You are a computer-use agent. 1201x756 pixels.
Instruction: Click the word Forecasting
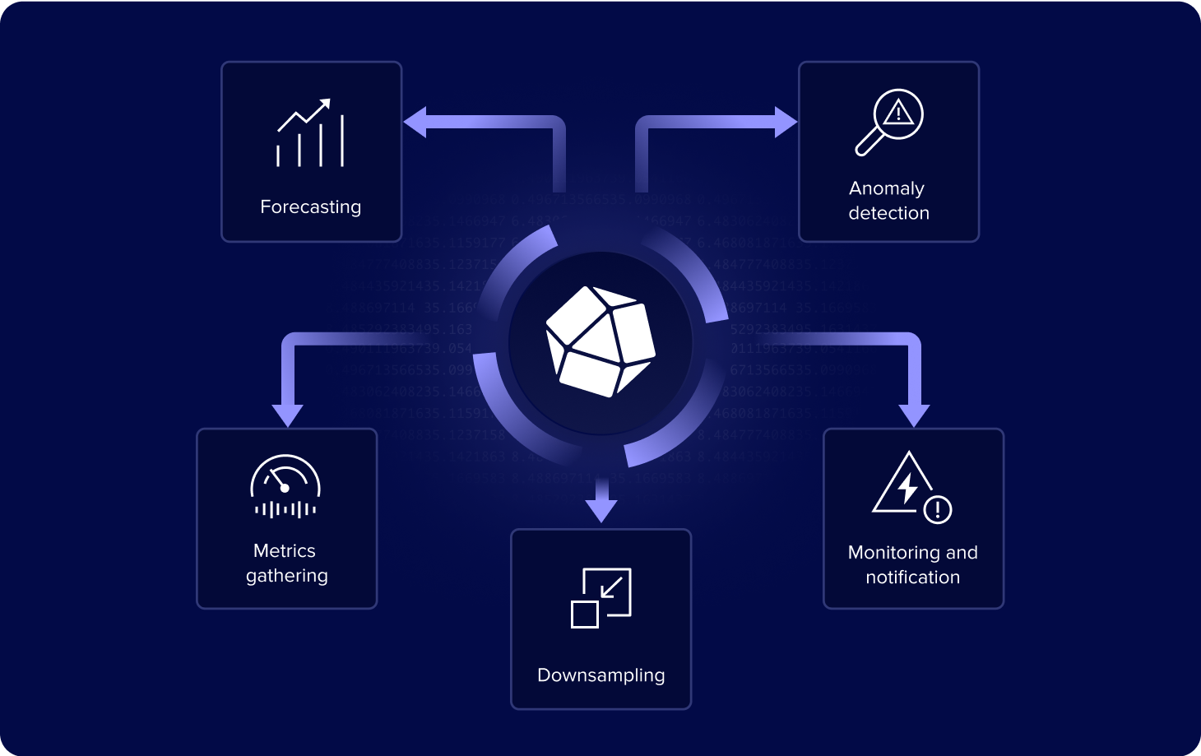click(310, 206)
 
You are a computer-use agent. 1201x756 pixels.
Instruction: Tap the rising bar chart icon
click(310, 133)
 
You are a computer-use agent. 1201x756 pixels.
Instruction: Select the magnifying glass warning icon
click(889, 122)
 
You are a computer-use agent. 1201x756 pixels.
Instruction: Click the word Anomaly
click(887, 188)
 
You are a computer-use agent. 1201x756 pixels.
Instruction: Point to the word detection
click(888, 213)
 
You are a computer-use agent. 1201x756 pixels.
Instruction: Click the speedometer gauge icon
click(285, 486)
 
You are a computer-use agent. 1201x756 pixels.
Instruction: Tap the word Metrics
click(285, 550)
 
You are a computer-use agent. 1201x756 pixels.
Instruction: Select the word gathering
click(287, 576)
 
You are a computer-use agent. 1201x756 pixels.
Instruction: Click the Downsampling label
click(600, 675)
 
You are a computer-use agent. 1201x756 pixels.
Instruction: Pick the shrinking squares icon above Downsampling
click(601, 598)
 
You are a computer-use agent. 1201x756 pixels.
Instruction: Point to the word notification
click(912, 577)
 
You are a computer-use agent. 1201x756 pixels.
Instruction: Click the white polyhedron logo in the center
click(600, 342)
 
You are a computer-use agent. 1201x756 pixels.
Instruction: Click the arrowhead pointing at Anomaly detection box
click(786, 123)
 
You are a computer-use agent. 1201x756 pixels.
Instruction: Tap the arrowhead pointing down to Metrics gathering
click(287, 415)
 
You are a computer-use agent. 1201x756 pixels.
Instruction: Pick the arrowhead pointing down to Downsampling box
click(602, 509)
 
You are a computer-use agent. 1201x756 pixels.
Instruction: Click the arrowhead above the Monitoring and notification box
click(914, 415)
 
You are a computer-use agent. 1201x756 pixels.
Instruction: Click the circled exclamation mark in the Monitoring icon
click(938, 510)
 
